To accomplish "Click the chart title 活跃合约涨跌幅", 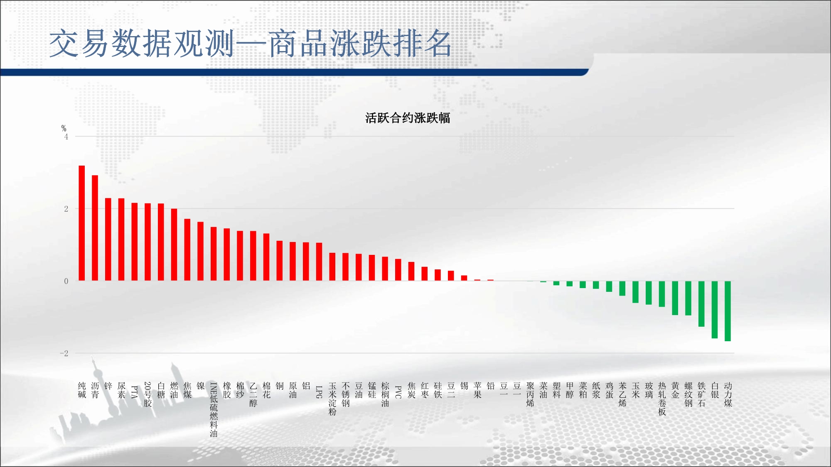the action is coord(408,118).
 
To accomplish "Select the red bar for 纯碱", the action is coord(82,223).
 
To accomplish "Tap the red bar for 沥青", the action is coord(95,228).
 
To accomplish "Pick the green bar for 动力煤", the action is coord(728,311).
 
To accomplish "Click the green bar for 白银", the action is coord(715,310).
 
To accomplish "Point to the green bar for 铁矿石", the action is coord(701,304).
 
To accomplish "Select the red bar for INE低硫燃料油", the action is coord(214,254).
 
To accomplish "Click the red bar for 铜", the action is coord(280,261).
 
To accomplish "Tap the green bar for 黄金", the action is coord(675,298).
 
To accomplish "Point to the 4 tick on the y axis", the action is coord(66,137).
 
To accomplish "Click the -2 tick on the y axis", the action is coord(64,353).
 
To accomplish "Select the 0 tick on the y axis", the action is coord(66,281).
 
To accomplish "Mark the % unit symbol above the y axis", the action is coord(64,128).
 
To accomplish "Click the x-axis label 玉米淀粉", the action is coord(332,399).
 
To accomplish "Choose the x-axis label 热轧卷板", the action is coord(662,399).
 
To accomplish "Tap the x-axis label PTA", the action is coord(135,392).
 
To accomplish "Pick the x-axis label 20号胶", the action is coord(148,394).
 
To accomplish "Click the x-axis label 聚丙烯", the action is coord(530,394).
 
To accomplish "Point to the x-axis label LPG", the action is coord(319,392).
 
